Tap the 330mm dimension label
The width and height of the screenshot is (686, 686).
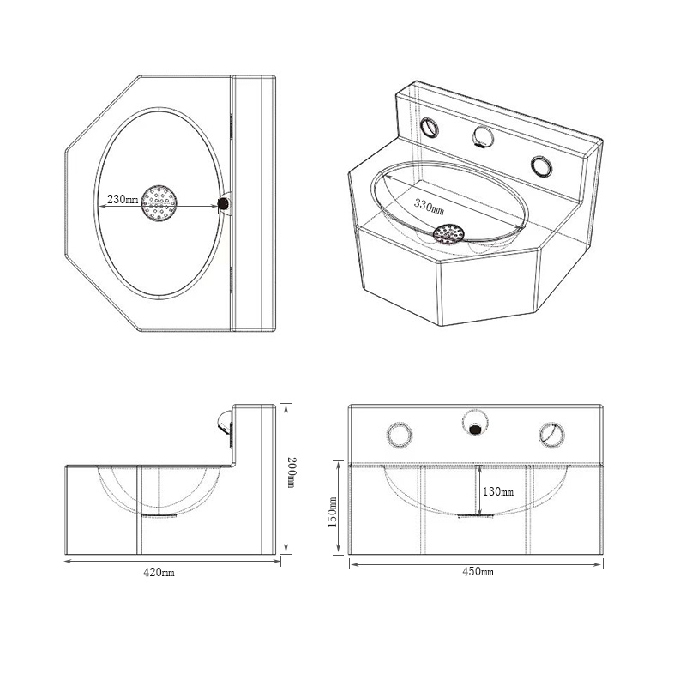click(x=429, y=207)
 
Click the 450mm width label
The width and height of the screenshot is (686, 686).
click(x=477, y=571)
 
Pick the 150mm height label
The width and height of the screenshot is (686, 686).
click(x=334, y=512)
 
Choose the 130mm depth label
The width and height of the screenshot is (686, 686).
click(x=498, y=491)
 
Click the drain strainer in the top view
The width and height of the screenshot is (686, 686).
click(x=159, y=203)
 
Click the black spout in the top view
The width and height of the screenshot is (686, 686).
click(x=225, y=203)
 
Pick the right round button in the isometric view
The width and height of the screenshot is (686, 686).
click(x=542, y=164)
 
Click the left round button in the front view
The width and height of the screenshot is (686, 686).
click(x=400, y=435)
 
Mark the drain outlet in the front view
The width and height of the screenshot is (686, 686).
click(x=475, y=516)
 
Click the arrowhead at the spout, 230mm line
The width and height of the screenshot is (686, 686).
click(x=216, y=203)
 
